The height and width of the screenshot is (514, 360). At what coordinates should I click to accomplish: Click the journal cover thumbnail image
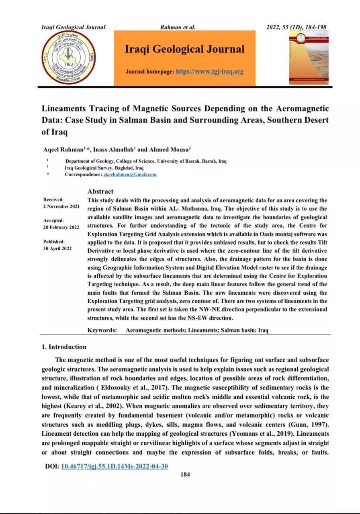[x=308, y=58]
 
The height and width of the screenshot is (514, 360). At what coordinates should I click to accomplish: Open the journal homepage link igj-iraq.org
[x=210, y=71]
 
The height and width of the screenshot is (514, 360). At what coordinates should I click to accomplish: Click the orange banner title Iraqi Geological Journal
[x=184, y=49]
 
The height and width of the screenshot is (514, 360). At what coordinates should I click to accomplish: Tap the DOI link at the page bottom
[x=114, y=466]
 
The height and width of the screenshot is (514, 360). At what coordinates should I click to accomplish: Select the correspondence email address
[x=130, y=175]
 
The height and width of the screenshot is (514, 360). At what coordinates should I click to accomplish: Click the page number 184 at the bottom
[x=185, y=474]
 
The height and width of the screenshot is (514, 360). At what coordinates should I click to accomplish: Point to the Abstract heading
[x=100, y=192]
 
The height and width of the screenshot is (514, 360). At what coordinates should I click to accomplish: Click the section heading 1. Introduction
[x=64, y=347]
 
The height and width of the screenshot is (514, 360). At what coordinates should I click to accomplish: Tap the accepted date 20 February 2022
[x=61, y=227]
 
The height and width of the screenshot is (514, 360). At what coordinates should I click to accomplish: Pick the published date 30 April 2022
[x=57, y=248]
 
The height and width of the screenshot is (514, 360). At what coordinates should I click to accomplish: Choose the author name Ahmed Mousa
[x=165, y=149]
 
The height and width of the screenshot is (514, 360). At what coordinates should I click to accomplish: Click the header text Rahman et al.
[x=178, y=27]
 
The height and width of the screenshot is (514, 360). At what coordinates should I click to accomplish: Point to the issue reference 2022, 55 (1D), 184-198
[x=296, y=27]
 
